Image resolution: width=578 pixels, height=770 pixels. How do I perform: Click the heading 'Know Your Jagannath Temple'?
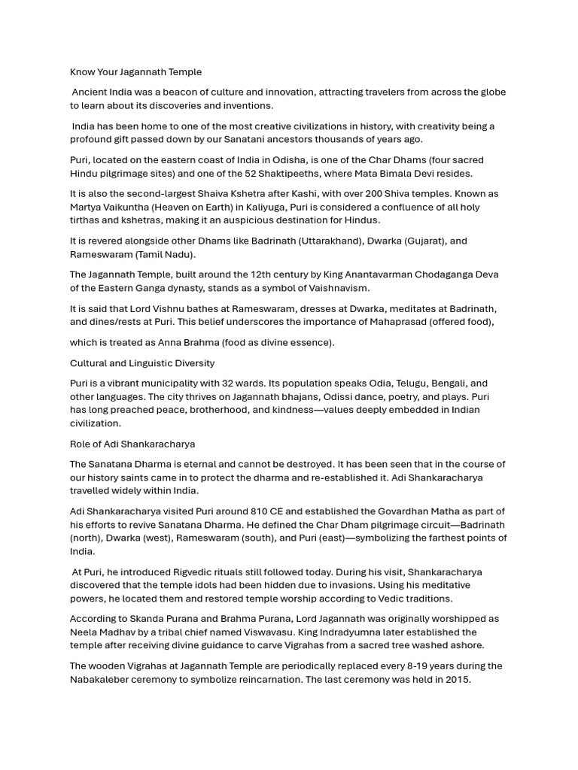[136, 72]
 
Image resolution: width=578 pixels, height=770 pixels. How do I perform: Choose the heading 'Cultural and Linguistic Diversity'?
[142, 363]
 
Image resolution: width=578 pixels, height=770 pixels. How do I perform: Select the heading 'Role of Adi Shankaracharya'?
[132, 444]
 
